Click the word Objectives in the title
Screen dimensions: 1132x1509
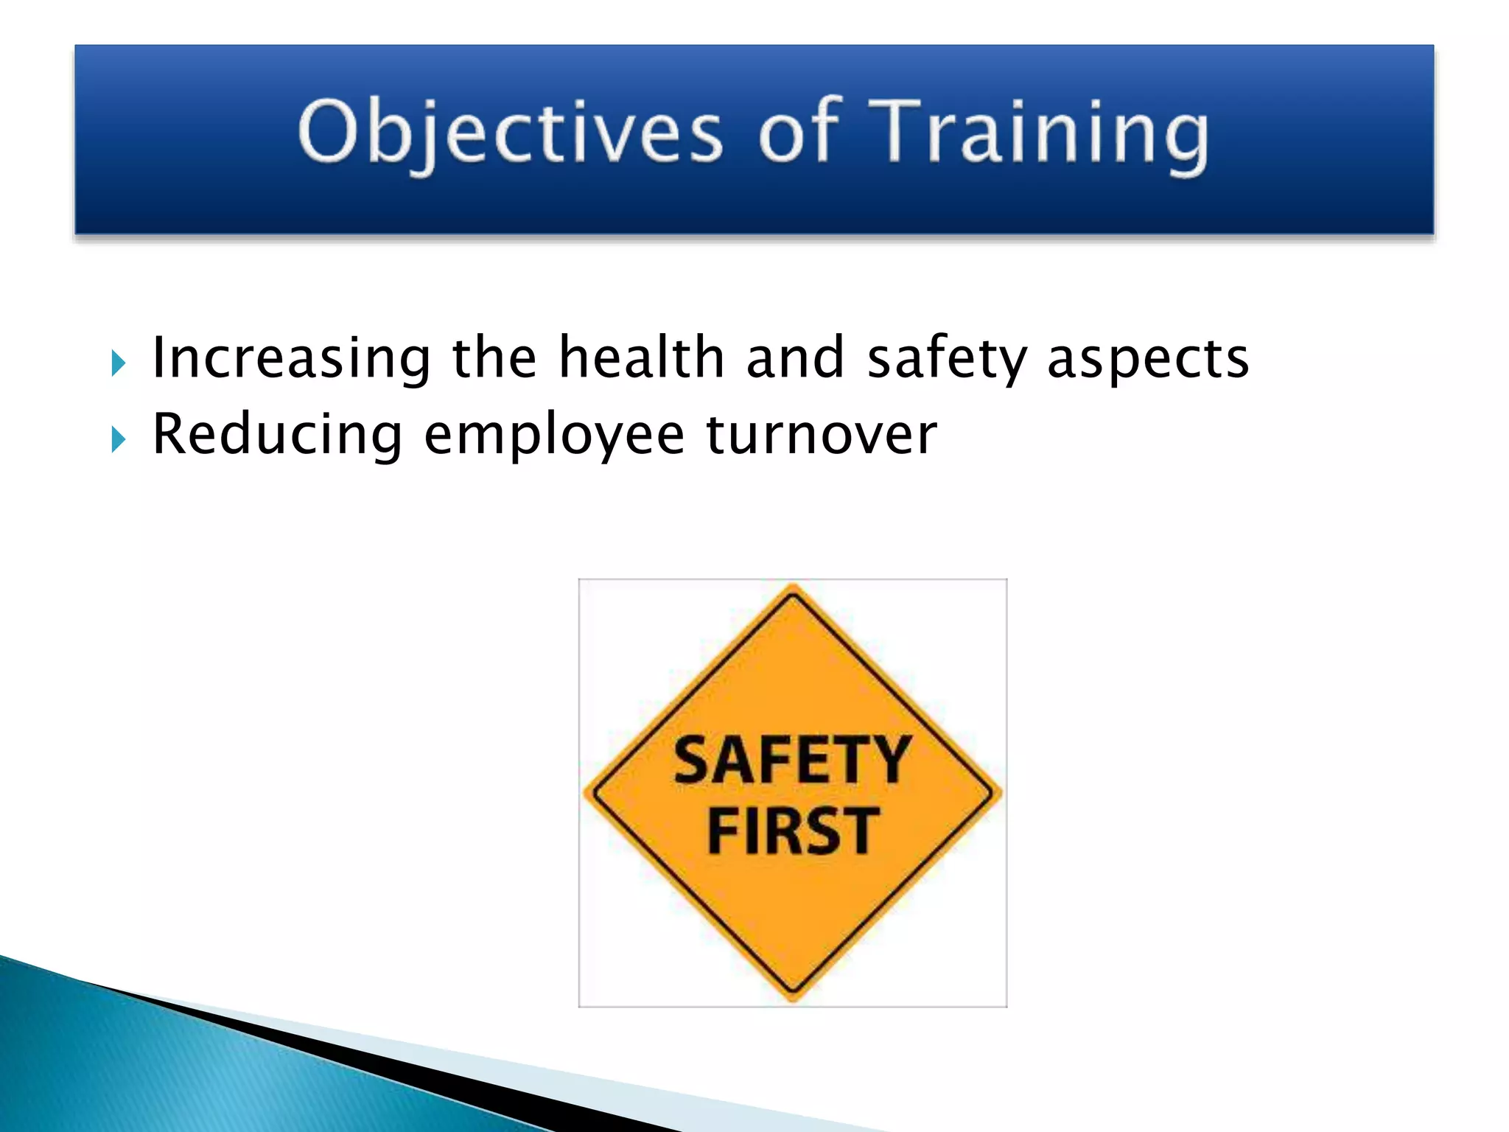click(x=510, y=133)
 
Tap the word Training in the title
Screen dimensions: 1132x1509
click(x=1039, y=133)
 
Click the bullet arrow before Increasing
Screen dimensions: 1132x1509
click(x=118, y=363)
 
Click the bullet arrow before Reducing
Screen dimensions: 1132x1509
click(x=118, y=440)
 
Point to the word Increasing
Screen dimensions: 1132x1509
click(x=291, y=359)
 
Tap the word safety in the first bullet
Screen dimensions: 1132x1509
click(x=946, y=359)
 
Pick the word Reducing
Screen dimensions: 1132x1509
click(x=277, y=436)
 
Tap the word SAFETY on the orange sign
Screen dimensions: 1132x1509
click(x=792, y=761)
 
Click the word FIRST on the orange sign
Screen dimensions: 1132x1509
click(x=793, y=831)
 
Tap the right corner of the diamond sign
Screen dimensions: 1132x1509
click(x=998, y=793)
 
